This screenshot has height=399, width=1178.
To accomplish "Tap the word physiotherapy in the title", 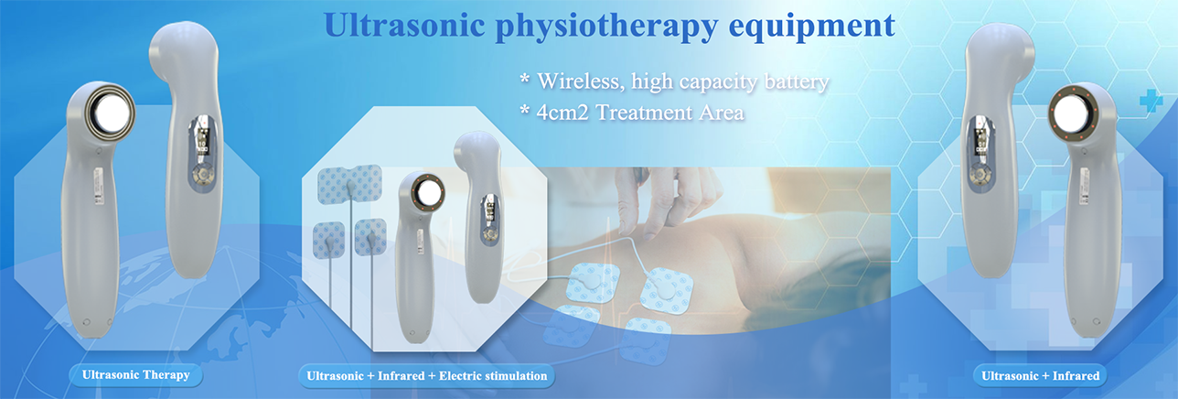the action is (606, 27).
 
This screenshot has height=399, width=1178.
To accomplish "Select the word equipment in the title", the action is (811, 27).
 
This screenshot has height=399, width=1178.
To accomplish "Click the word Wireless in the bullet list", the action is (578, 81).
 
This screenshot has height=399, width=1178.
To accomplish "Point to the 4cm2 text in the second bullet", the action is (562, 113).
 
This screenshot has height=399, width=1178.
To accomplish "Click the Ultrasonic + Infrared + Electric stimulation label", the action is (426, 376).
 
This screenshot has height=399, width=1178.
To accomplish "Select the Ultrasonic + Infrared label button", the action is (1040, 376).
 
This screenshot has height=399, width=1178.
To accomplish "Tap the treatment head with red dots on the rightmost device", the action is (1073, 114).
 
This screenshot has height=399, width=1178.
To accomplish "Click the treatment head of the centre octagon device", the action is (427, 192).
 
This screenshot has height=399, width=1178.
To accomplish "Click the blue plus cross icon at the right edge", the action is (1151, 101).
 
